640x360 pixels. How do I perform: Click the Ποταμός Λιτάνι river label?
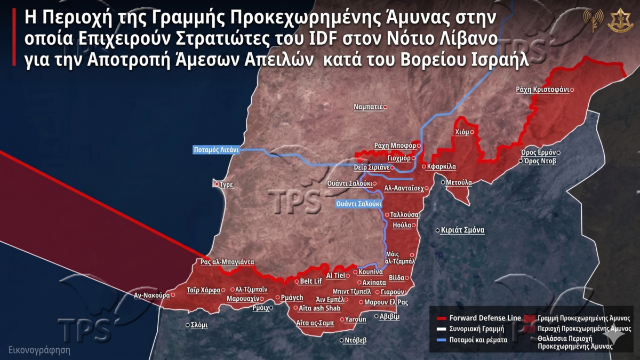click(x=215, y=150)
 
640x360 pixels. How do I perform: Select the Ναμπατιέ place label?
click(x=369, y=107)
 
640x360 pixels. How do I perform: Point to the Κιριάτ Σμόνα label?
click(x=462, y=230)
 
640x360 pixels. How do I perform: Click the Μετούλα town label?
click(x=459, y=182)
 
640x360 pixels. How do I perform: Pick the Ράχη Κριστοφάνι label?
click(x=541, y=90)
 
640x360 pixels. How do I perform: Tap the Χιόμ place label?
click(x=462, y=132)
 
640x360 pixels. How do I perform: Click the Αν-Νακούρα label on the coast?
click(x=151, y=294)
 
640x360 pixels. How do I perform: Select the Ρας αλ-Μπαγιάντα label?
click(x=227, y=262)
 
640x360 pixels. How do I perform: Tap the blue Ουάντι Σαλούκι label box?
click(x=359, y=204)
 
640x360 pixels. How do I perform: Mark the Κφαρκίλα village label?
click(x=442, y=166)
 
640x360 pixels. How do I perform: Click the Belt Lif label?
click(x=311, y=281)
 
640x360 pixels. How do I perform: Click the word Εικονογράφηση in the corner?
click(x=39, y=350)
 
